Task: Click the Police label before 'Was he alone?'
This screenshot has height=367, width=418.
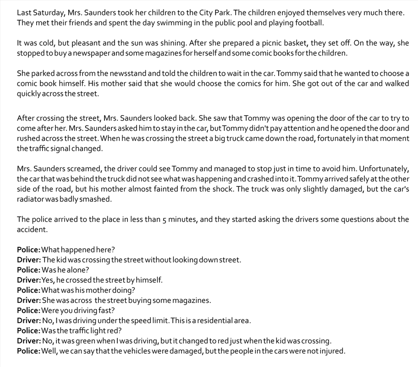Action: click(x=28, y=270)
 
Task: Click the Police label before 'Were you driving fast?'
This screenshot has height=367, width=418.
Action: click(x=28, y=311)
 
